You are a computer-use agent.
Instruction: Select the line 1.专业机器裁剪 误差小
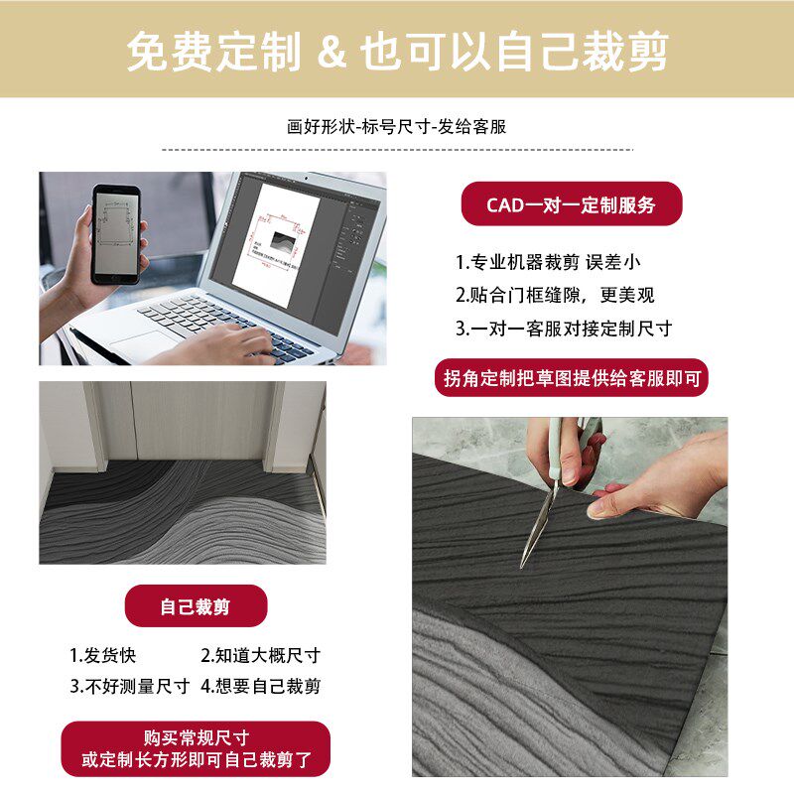point(548,262)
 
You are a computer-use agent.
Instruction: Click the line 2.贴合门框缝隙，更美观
point(555,295)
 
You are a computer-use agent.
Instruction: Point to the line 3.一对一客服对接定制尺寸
point(564,328)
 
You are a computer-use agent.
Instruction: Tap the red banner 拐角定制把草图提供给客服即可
point(572,378)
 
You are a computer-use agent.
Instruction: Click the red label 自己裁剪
point(196,605)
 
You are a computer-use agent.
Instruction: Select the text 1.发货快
point(102,655)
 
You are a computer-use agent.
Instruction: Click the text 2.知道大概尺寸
point(260,655)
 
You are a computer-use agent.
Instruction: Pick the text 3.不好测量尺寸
point(129,686)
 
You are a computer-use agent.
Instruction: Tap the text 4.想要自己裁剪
point(260,686)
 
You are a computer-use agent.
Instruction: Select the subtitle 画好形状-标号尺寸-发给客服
point(397,127)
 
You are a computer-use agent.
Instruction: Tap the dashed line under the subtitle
point(397,150)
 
